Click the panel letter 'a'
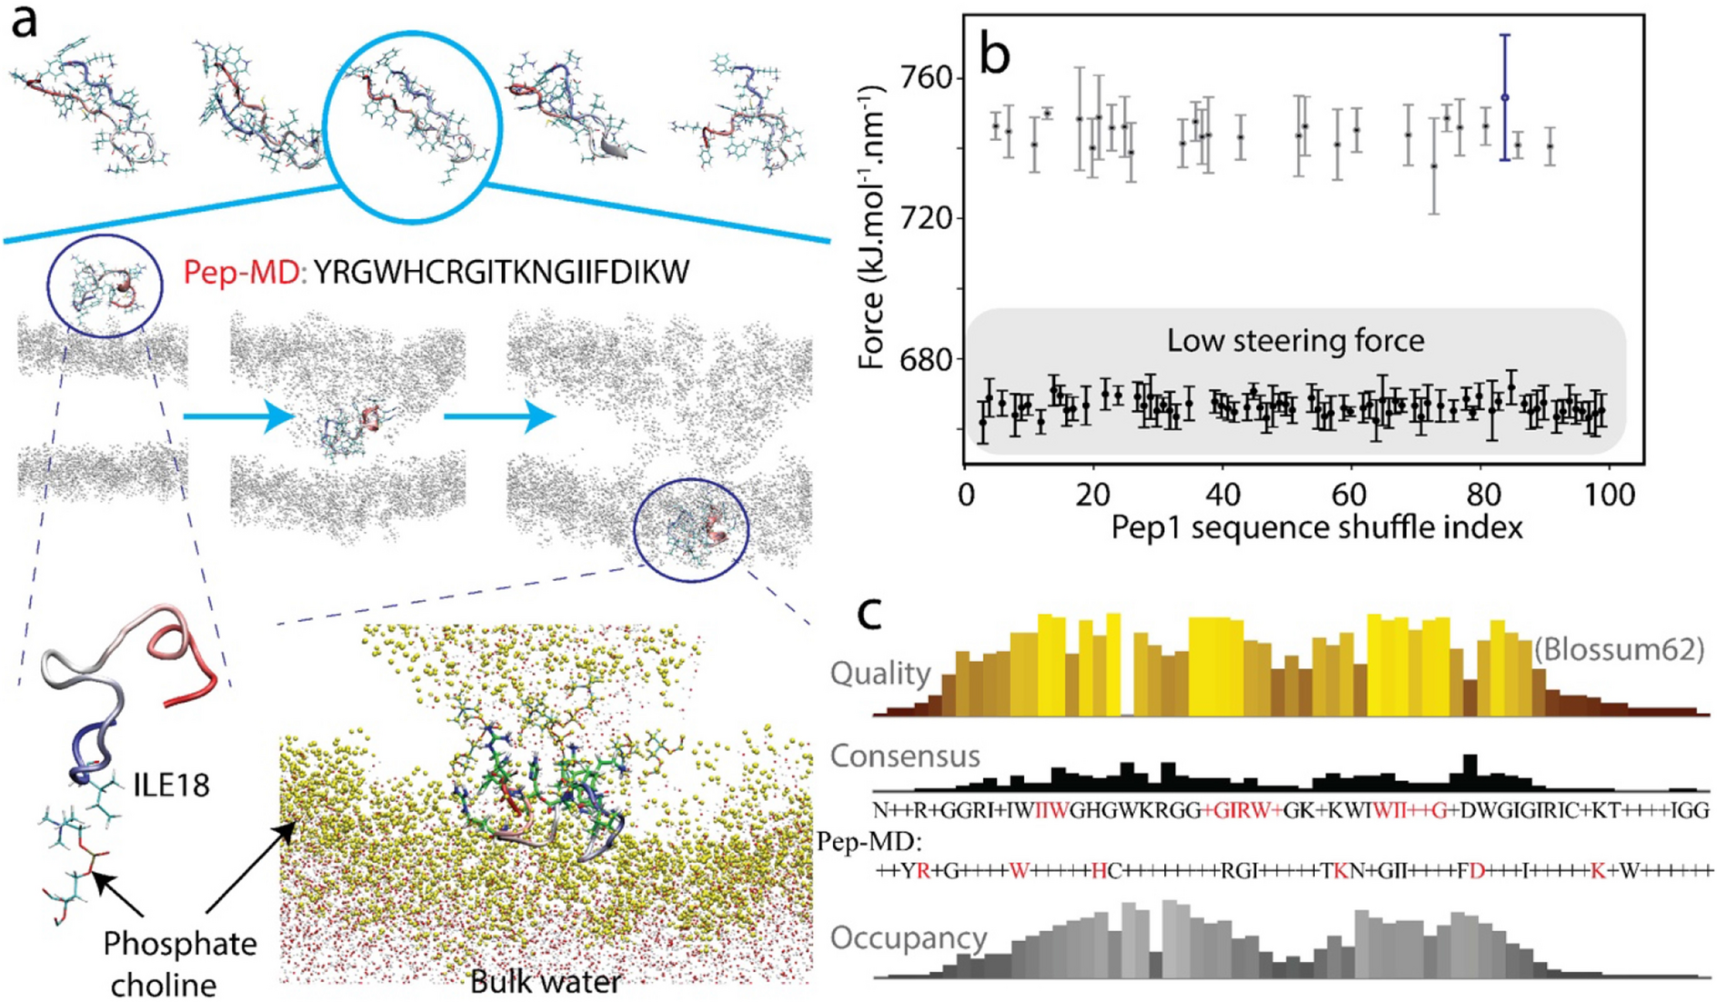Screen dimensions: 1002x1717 point(24,20)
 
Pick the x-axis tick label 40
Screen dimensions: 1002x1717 point(1222,496)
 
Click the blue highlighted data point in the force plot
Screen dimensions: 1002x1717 point(1505,97)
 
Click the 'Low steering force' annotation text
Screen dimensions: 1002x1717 point(1295,341)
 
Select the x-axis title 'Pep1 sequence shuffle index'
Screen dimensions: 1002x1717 point(1316,527)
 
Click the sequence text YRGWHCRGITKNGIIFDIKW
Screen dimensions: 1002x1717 point(501,272)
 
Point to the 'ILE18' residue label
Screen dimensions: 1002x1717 point(171,785)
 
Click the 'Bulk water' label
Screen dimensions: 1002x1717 point(545,982)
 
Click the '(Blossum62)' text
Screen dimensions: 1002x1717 point(1619,649)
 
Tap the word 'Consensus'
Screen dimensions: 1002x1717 point(905,757)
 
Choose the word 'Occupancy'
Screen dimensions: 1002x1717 point(909,937)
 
